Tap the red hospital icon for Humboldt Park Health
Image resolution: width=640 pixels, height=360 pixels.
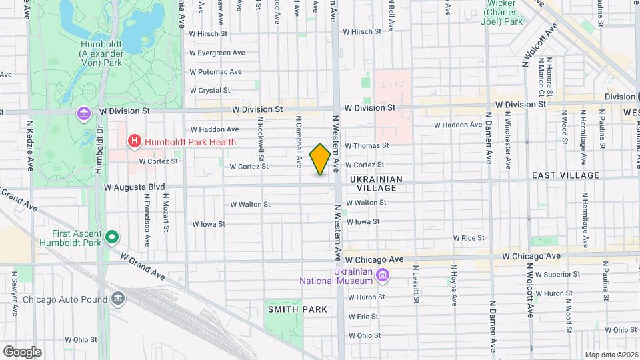135,141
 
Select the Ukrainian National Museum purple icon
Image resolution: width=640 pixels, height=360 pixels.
383,275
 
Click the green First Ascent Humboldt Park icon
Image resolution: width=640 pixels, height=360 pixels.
112,237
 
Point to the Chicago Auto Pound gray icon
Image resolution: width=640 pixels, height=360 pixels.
119,298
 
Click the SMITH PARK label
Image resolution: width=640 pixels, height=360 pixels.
297,309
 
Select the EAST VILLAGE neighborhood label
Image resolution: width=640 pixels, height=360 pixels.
566,175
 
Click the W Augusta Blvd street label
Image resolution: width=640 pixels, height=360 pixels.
134,188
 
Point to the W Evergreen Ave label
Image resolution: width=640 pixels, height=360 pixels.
217,53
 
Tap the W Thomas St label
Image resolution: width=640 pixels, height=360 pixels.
366,145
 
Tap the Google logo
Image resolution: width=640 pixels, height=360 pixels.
21,351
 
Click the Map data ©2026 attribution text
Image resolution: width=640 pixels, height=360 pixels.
611,355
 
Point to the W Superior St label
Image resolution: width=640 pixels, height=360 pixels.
557,274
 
